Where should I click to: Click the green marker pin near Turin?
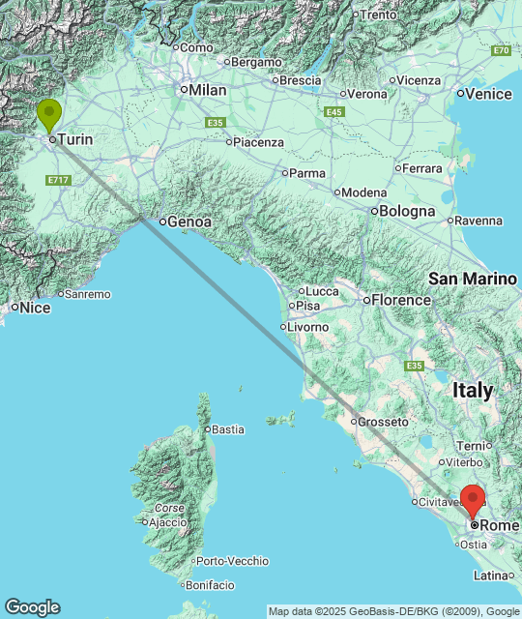click(x=48, y=117)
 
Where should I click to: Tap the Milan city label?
click(x=207, y=90)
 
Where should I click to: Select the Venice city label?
click(x=488, y=94)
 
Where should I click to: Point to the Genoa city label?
click(x=188, y=221)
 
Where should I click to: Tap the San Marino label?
click(x=473, y=279)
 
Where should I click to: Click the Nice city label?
click(x=35, y=308)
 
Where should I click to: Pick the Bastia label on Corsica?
click(x=227, y=428)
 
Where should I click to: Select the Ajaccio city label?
click(x=165, y=522)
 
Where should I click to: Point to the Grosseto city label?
click(x=381, y=422)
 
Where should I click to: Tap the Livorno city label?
click(x=307, y=327)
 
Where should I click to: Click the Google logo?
click(x=32, y=607)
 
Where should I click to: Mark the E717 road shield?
click(x=58, y=180)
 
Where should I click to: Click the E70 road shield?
click(x=501, y=50)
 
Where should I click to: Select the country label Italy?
click(x=473, y=391)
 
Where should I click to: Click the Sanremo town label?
click(x=88, y=294)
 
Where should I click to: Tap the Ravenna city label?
click(x=478, y=221)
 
